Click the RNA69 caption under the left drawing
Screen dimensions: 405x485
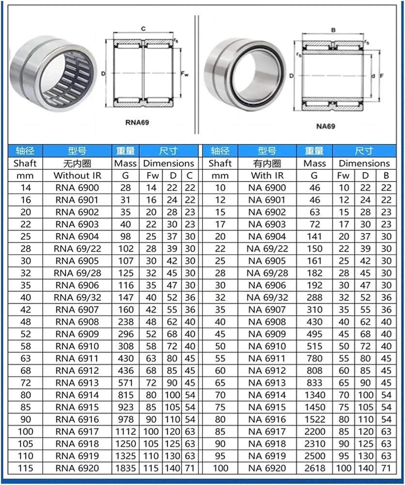tap(137, 123)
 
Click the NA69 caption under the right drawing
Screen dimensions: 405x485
tap(326, 126)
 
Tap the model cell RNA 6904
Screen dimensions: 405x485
tap(77, 237)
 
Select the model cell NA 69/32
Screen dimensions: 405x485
tap(267, 298)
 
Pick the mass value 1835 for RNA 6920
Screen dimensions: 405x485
tap(125, 469)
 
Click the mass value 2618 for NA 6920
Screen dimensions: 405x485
tap(315, 469)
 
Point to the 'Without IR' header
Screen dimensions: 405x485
tap(77, 176)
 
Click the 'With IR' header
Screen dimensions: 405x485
tap(267, 176)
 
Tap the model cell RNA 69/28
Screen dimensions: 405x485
tap(77, 273)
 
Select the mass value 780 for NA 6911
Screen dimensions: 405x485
tap(315, 358)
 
